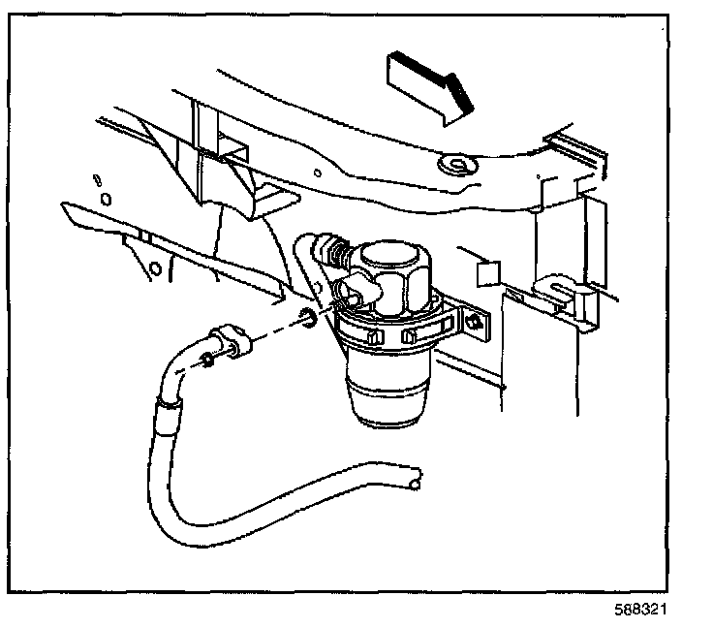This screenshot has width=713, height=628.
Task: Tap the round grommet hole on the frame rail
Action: click(x=454, y=166)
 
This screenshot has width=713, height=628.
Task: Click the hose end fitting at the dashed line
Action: click(x=233, y=343)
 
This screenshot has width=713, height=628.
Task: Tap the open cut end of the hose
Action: click(x=415, y=479)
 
